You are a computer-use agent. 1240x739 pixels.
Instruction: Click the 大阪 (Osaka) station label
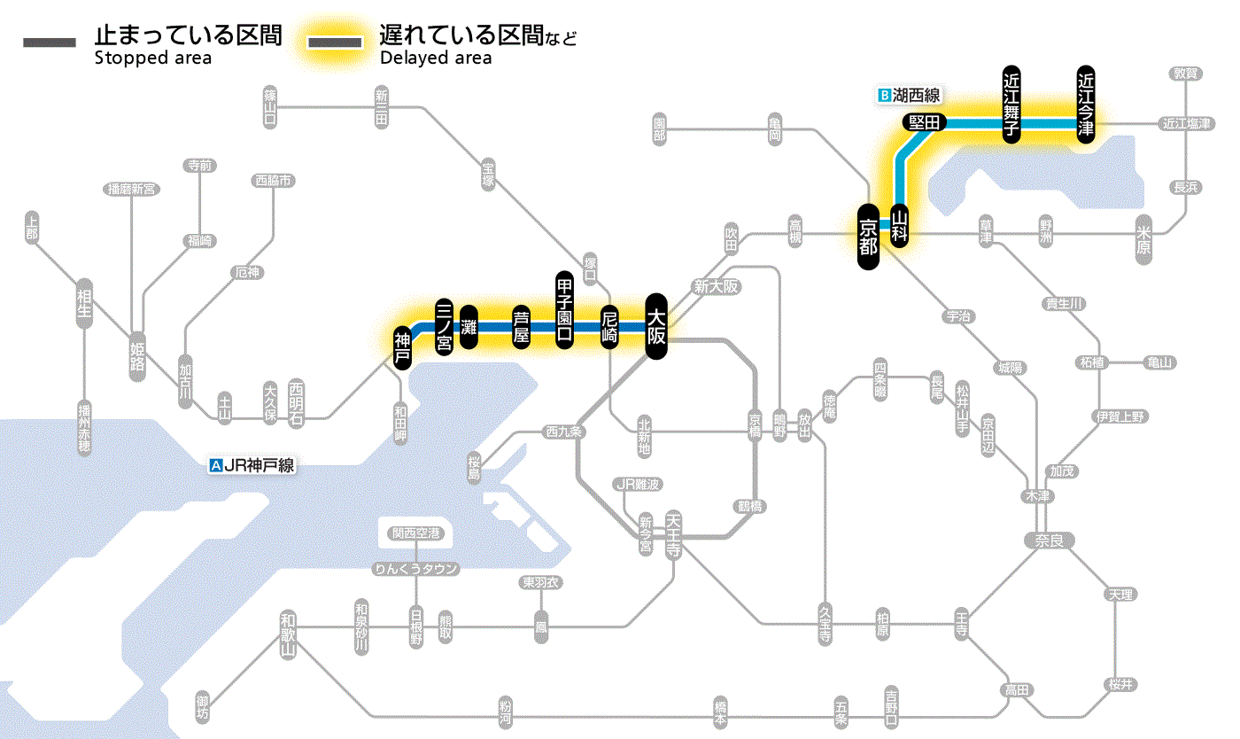point(655,326)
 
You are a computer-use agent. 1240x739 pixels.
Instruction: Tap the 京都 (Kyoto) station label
point(868,237)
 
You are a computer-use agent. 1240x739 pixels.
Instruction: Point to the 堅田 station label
point(924,123)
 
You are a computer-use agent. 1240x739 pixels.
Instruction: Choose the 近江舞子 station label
point(1011,103)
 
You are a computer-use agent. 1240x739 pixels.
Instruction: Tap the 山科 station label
point(900,225)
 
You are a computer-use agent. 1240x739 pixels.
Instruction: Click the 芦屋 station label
point(521,326)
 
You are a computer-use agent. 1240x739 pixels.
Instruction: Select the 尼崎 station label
point(609,326)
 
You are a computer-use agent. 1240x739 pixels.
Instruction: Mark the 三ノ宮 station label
point(445,326)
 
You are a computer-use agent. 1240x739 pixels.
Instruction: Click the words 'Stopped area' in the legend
point(153,58)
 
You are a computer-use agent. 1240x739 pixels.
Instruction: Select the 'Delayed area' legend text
point(436,58)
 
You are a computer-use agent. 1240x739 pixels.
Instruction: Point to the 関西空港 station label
point(416,533)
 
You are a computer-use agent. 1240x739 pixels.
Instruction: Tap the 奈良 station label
point(1048,539)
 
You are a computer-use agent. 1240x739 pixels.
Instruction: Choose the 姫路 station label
point(137,357)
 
